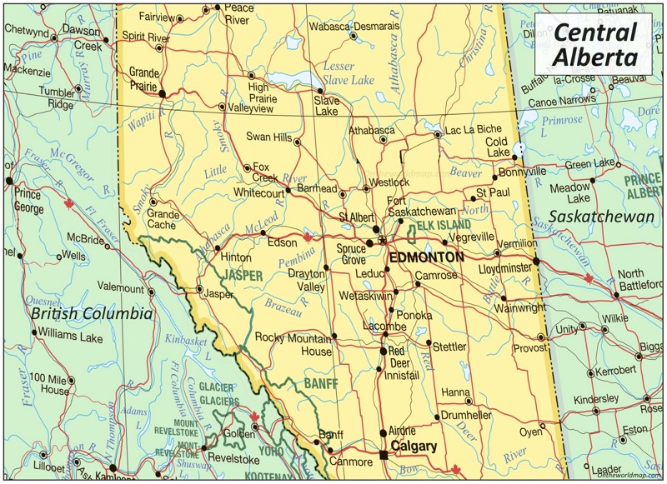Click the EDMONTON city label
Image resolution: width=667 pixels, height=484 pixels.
426,257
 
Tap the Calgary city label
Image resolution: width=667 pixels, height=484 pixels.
414,447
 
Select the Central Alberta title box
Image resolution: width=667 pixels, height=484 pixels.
595,44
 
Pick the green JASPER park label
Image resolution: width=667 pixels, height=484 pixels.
242,274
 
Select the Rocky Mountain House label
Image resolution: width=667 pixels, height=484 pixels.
293,345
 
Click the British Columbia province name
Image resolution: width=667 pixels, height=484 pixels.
92,314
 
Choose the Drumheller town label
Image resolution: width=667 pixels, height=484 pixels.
466,415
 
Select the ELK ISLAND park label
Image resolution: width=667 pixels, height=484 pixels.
444,227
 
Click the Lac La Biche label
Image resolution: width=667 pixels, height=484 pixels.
474,129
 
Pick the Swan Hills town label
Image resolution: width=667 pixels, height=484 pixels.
268,136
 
